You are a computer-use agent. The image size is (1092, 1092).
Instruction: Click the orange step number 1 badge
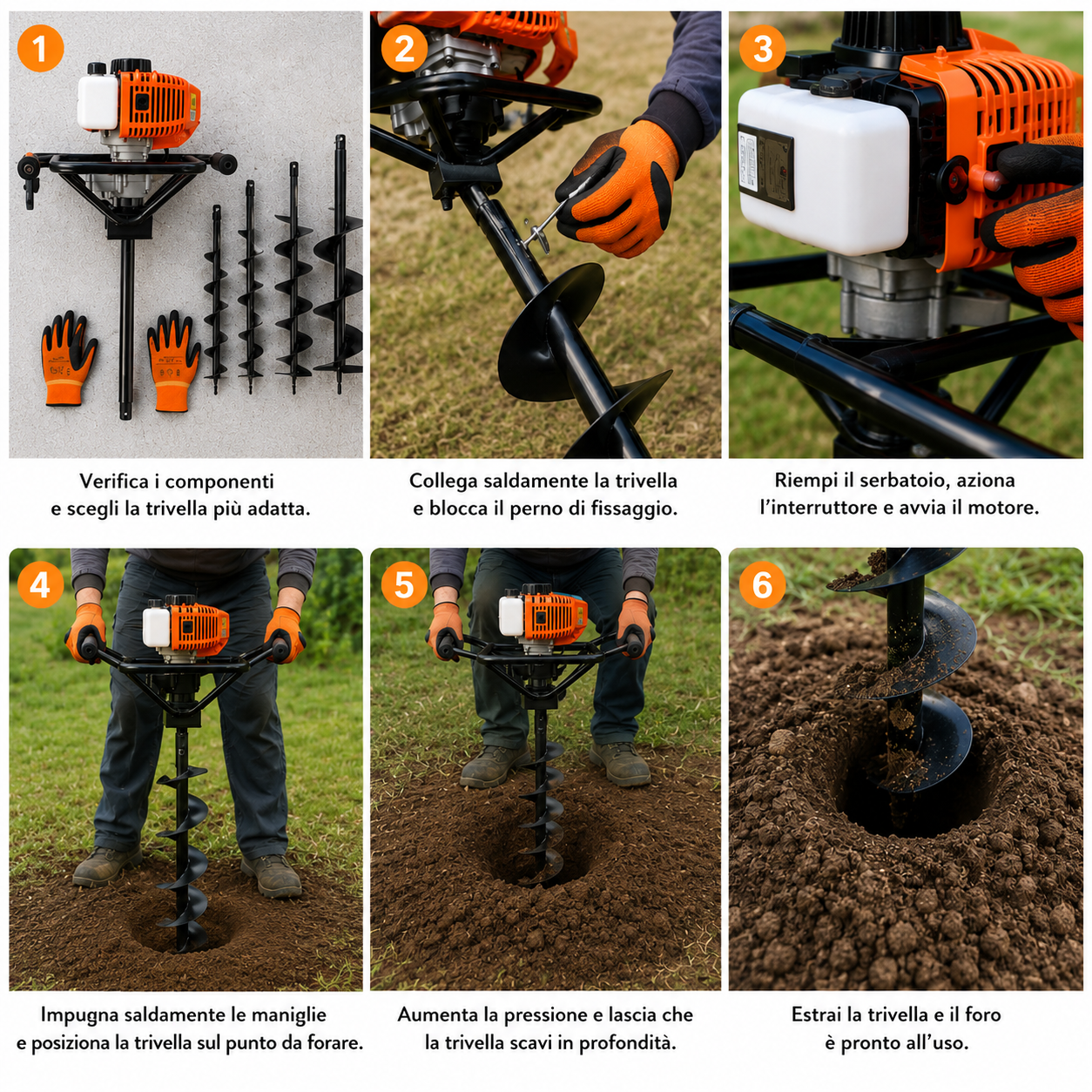[40, 48]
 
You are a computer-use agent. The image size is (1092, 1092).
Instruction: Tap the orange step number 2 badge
[404, 48]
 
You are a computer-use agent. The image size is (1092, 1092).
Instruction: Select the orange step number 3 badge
[762, 48]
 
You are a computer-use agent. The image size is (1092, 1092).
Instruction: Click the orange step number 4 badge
[40, 585]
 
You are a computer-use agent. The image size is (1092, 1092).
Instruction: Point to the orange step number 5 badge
[404, 585]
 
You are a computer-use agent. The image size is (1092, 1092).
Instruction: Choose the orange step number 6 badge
[762, 585]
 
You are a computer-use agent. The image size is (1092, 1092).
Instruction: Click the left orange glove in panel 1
[68, 359]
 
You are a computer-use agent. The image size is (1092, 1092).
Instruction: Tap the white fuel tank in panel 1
[98, 100]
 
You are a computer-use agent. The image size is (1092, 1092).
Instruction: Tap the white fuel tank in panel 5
[510, 617]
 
